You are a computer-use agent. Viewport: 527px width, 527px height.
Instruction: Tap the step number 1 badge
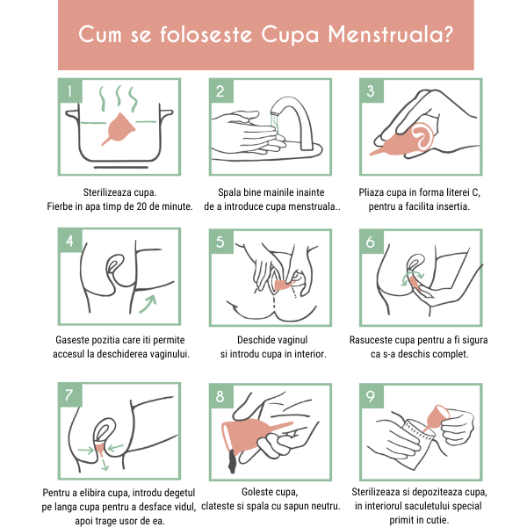[x=70, y=90]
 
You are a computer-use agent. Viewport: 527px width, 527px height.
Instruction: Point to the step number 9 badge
[x=371, y=396]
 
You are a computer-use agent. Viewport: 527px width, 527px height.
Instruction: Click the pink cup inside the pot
[x=119, y=128]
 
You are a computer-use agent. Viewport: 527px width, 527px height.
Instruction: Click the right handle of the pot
[x=166, y=113]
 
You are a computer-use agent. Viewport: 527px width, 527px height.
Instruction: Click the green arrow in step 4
[x=148, y=303]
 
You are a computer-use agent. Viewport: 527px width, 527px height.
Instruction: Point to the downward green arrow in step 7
[x=105, y=465]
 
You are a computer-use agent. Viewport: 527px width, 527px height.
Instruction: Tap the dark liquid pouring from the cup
[x=232, y=461]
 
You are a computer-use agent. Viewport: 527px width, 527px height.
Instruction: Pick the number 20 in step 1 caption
[x=142, y=206]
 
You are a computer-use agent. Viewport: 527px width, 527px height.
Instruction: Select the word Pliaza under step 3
[x=372, y=192]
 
